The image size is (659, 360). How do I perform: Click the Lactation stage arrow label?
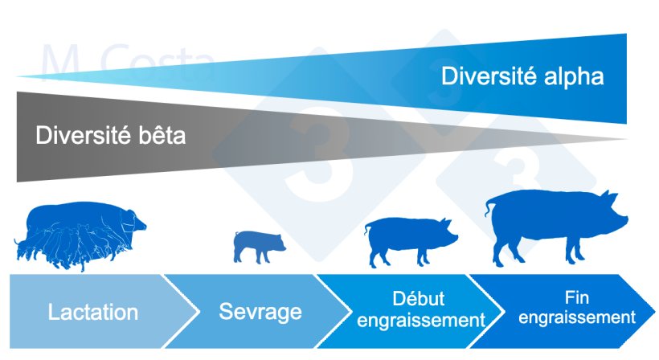tap(92, 312)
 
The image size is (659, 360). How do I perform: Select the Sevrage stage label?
tap(260, 311)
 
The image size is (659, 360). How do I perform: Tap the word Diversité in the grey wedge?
tap(79, 135)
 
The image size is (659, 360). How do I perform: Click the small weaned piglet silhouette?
tap(257, 245)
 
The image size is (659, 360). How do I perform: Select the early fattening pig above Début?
tap(409, 241)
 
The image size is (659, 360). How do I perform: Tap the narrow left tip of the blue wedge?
tap(24, 76)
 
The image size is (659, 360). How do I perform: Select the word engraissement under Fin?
tap(576, 317)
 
